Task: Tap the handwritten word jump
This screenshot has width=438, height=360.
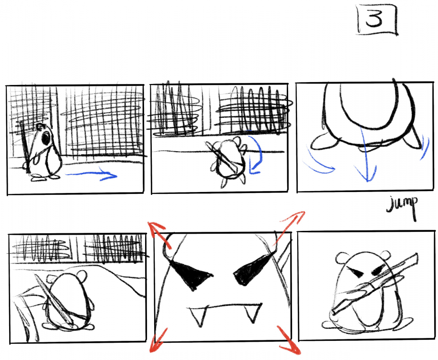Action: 403,205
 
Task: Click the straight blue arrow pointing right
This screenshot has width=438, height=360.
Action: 91,175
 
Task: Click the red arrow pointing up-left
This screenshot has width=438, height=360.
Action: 159,234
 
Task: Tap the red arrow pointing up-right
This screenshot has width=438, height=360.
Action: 289,227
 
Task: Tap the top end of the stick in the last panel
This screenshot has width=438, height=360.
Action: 416,256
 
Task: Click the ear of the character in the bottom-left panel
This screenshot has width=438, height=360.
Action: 82,276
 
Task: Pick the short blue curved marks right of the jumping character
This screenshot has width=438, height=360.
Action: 425,146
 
